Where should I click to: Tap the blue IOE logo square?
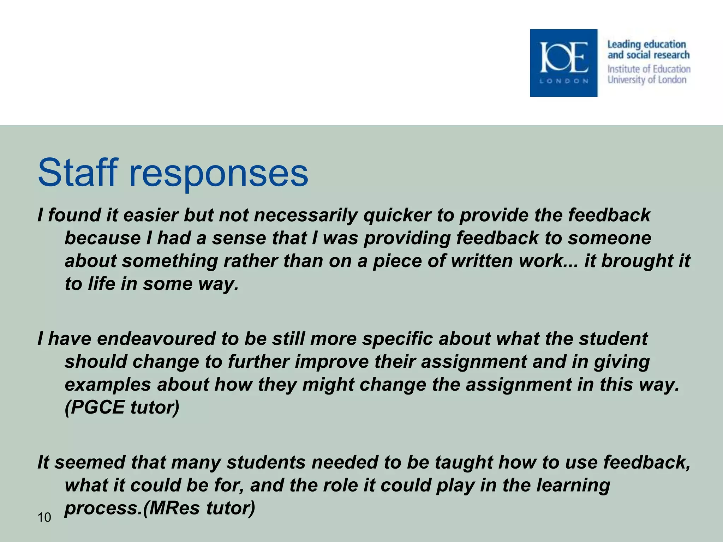[x=563, y=63]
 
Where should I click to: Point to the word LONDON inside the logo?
[x=564, y=81]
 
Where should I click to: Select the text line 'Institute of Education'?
[x=649, y=69]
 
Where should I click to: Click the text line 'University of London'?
[x=647, y=80]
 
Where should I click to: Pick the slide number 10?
[x=44, y=517]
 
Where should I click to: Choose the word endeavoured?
[x=156, y=339]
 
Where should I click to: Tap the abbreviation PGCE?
[x=95, y=407]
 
